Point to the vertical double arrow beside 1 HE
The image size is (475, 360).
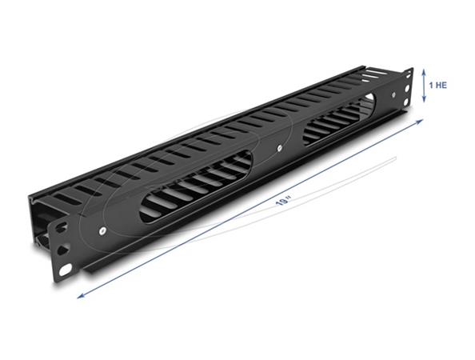pos(425,84)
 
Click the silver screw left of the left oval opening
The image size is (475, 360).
pos(106,230)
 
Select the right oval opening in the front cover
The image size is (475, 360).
pos(336,124)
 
